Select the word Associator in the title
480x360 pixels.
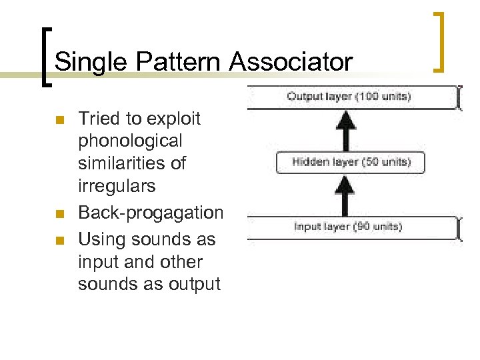point(290,62)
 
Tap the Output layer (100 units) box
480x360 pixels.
point(350,97)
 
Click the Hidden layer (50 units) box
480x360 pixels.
point(351,162)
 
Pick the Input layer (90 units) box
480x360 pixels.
point(350,227)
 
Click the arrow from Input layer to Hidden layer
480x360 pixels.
point(344,195)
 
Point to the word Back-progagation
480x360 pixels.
point(151,213)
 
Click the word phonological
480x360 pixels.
point(129,141)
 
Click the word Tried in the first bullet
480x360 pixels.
point(99,119)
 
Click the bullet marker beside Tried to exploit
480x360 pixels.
point(59,121)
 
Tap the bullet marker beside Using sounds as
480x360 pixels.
point(59,239)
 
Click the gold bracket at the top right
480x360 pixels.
point(438,41)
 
